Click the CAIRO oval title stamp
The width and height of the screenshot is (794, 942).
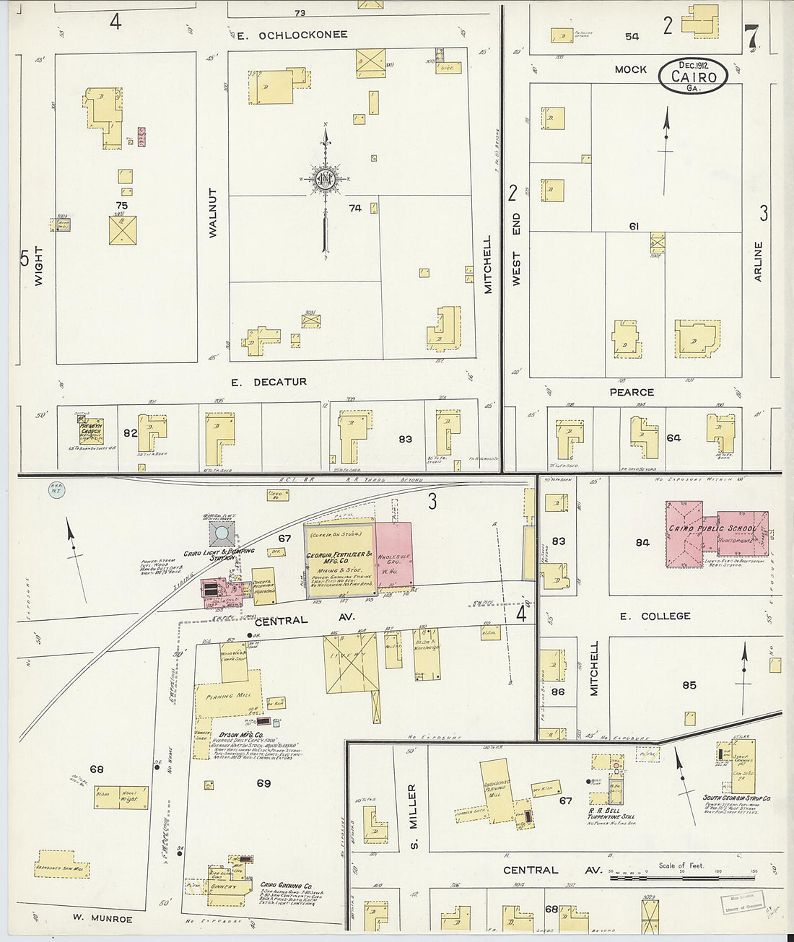click(x=692, y=75)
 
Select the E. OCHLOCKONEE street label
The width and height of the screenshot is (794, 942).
click(x=292, y=35)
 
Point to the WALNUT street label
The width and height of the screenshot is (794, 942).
click(x=213, y=212)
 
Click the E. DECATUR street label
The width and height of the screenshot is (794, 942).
click(x=269, y=382)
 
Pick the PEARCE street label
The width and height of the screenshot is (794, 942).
click(x=632, y=392)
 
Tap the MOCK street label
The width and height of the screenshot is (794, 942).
click(x=630, y=69)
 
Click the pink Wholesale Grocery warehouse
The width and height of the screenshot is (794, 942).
click(x=393, y=554)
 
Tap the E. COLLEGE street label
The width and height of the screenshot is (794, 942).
click(x=655, y=616)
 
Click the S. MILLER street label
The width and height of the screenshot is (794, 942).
click(x=413, y=806)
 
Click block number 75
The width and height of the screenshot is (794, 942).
click(x=122, y=206)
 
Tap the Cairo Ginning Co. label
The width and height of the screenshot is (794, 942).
click(x=287, y=886)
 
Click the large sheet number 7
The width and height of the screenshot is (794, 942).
click(x=751, y=35)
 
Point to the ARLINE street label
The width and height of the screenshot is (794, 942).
click(x=758, y=261)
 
